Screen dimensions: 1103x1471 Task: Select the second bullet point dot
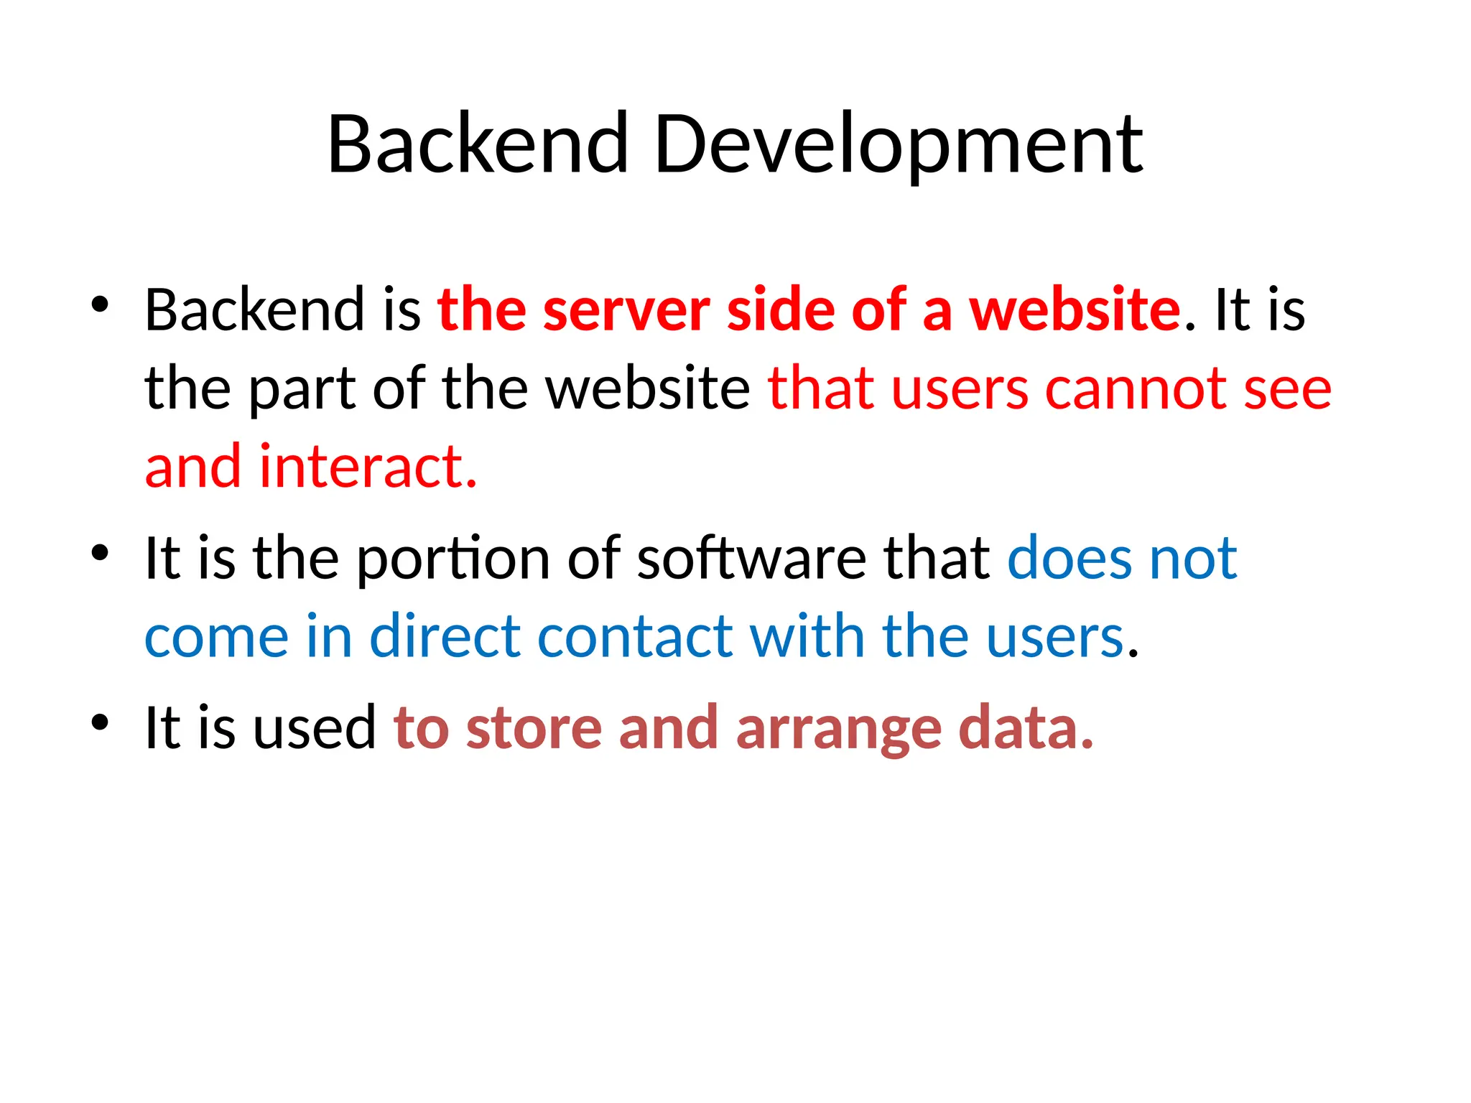tap(100, 552)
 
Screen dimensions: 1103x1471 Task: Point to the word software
tap(751, 559)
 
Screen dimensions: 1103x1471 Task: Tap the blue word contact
tap(635, 637)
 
